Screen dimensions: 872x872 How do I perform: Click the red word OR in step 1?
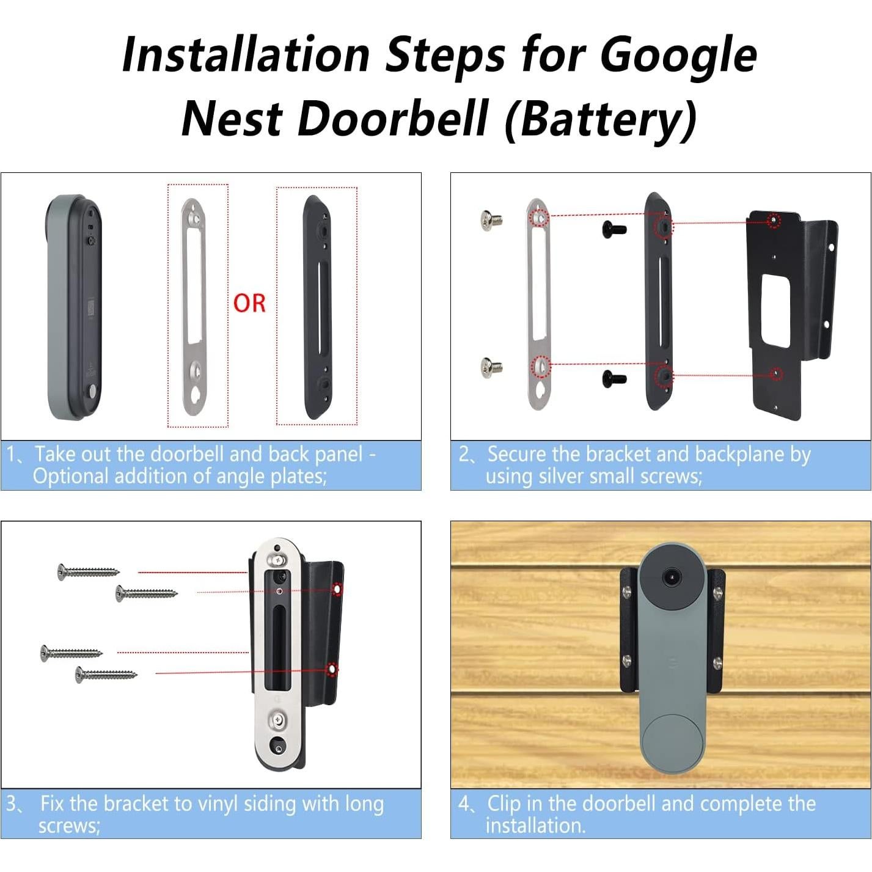249,303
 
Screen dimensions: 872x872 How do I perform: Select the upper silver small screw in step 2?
491,218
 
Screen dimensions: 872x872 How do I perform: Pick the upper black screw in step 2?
614,229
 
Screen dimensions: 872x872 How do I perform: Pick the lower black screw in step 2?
614,377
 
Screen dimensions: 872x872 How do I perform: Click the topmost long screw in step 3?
89,572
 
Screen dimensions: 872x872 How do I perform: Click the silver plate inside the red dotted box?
194,306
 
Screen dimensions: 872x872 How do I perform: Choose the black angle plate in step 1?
317,306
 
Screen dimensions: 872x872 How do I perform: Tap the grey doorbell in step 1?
73,307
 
